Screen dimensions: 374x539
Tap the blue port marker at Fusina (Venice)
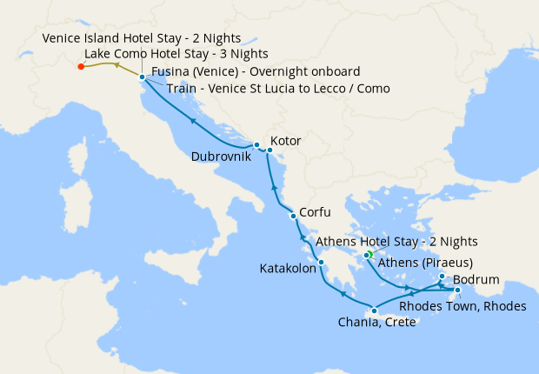point(142,77)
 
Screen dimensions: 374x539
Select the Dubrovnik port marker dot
point(256,144)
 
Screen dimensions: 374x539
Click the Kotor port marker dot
point(269,150)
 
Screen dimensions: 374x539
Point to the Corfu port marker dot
point(292,216)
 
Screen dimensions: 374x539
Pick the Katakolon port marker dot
point(321,263)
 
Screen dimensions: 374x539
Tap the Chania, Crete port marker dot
point(374,311)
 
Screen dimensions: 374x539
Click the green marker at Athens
point(369,254)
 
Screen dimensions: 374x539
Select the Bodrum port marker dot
point(442,277)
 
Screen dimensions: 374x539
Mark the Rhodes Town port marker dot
point(457,290)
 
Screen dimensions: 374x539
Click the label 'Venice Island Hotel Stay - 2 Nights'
point(141,39)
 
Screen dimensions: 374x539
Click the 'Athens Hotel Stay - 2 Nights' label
point(396,242)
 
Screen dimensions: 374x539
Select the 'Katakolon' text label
point(287,270)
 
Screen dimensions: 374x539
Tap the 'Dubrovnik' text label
point(221,157)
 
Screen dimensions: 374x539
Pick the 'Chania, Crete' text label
point(378,324)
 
